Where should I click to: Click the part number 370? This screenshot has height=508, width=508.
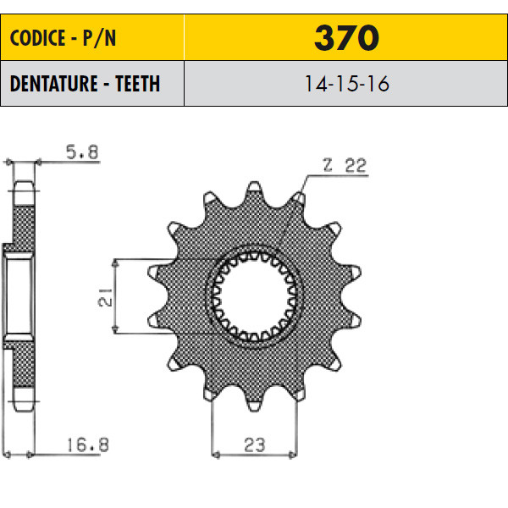click(346, 37)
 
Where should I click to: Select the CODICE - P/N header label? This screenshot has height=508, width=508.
click(63, 38)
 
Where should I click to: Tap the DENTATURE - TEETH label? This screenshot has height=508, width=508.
click(85, 84)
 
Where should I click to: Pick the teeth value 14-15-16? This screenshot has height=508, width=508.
click(346, 84)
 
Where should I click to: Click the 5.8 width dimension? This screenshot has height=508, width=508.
click(82, 152)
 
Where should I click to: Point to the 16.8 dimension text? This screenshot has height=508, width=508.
click(87, 444)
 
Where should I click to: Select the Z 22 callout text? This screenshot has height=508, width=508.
click(345, 165)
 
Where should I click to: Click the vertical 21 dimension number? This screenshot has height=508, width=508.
click(105, 297)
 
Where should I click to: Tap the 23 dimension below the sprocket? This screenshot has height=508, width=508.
click(255, 445)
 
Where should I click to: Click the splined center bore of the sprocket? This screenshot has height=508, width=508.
click(254, 296)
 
